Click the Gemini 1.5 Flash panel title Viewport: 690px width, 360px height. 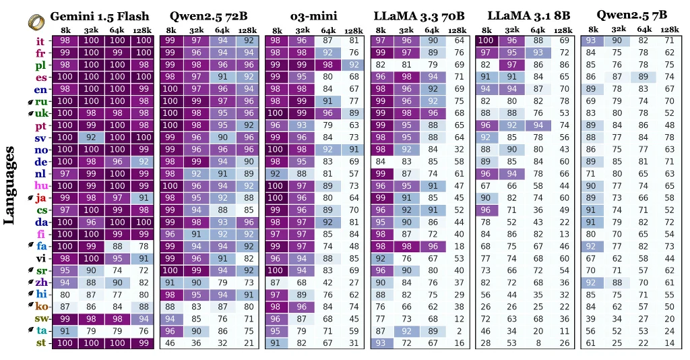coord(100,16)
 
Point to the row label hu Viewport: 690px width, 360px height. coord(40,185)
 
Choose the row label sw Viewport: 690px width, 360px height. coord(40,318)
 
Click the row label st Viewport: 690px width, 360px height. coord(40,342)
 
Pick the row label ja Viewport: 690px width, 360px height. coord(40,198)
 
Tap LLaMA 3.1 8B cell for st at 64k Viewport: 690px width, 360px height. coord(537,342)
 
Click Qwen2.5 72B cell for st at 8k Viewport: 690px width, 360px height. coord(170,342)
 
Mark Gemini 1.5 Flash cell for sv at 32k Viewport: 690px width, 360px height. coord(91,138)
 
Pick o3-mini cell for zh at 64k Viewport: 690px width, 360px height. coord(327,282)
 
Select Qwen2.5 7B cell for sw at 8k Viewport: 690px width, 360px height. coord(592,318)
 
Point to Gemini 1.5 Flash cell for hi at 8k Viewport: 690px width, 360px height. coord(65,295)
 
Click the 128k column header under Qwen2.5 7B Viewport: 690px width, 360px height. coord(669,30)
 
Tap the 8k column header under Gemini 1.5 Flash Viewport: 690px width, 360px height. coord(65,30)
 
